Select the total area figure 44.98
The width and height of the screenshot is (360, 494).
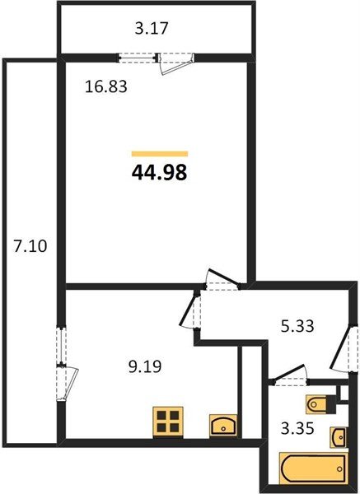(x=159, y=172)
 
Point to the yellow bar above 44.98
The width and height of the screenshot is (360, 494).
(x=160, y=153)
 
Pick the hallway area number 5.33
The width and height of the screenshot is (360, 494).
(x=294, y=327)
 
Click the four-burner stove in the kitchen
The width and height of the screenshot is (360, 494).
(x=167, y=421)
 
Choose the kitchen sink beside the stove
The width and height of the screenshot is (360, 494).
(x=222, y=426)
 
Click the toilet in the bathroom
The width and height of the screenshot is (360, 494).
(x=317, y=404)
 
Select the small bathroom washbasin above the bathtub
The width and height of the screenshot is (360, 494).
(x=339, y=435)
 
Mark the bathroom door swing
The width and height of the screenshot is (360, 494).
(x=288, y=378)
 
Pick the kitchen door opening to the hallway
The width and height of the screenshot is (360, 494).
(x=191, y=310)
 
